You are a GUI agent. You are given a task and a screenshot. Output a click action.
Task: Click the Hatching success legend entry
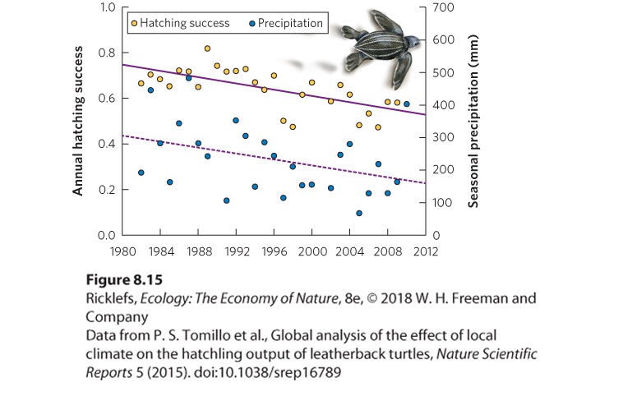181,23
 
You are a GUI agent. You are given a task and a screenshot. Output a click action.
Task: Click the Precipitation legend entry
286,23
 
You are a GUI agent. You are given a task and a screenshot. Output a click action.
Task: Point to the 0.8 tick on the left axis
107,53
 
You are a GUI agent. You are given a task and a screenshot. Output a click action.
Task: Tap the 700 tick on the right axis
443,7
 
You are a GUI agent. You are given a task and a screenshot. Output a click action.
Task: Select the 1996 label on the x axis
275,251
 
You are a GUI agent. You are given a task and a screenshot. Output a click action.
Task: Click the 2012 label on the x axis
426,251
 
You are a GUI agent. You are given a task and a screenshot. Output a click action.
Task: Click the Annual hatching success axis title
78,121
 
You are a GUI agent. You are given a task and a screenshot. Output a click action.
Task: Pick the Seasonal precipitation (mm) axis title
473,122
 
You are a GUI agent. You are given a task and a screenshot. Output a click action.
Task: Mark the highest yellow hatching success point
207,48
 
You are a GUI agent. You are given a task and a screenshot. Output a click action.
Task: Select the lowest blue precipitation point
359,214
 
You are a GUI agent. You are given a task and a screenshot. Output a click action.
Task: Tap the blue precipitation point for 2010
407,104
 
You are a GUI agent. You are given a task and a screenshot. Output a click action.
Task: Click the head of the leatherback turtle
413,41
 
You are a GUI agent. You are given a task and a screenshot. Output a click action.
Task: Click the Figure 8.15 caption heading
124,279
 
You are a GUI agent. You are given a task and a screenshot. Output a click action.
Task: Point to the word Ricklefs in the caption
111,298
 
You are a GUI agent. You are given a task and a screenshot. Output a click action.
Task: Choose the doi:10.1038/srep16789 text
267,372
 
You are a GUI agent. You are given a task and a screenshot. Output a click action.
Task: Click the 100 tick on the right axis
442,203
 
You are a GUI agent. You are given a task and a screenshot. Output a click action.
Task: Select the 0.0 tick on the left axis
107,236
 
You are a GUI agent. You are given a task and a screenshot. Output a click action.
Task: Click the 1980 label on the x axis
122,251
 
